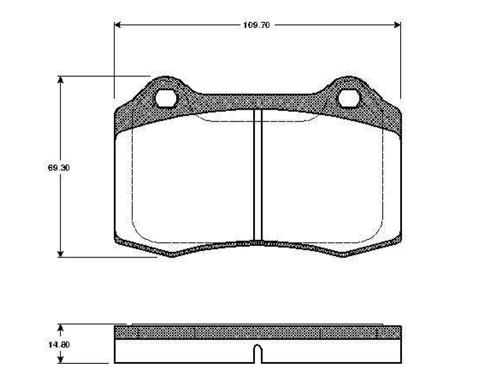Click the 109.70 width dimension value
pos(256,25)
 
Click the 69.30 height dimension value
pos(58,168)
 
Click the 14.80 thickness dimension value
pos(59,345)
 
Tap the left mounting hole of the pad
pos(166,98)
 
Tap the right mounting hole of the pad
pos(349,98)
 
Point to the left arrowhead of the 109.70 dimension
pos(118,25)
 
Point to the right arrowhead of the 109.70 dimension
pos(397,25)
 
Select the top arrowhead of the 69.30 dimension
pos(60,80)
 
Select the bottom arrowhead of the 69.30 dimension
pos(60,253)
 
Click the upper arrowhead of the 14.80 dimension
pos(60,329)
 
